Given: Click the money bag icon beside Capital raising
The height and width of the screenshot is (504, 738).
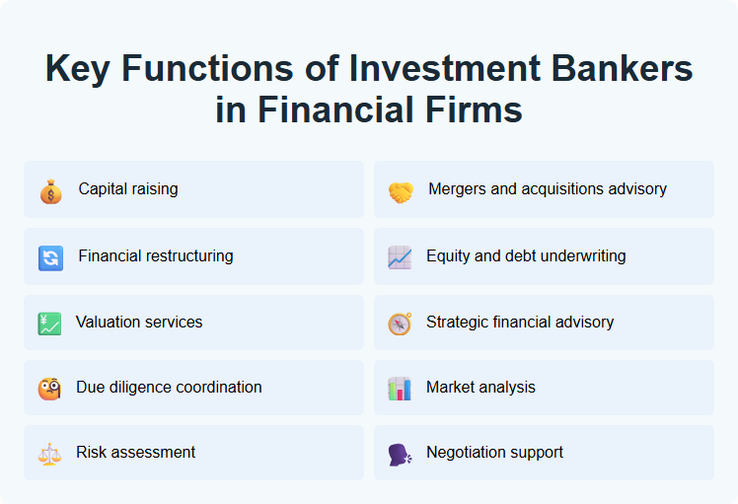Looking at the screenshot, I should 50,190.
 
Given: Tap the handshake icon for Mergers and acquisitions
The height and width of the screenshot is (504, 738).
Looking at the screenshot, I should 400,190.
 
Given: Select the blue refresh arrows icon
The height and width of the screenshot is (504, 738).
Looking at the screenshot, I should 50,257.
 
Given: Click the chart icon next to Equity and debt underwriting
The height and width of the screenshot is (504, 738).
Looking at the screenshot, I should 400,257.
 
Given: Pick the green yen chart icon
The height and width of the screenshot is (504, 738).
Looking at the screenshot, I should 49,324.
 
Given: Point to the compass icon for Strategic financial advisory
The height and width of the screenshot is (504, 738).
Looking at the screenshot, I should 400,324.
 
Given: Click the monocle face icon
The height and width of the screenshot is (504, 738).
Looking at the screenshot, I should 49,389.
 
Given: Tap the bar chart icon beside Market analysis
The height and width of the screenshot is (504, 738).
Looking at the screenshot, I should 400,389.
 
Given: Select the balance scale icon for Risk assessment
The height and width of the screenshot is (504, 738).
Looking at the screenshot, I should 49,454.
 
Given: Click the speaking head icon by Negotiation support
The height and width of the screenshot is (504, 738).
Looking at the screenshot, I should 400,454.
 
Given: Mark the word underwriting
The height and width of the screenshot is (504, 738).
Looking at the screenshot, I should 581,256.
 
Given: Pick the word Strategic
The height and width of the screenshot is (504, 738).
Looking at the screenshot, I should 458,322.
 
